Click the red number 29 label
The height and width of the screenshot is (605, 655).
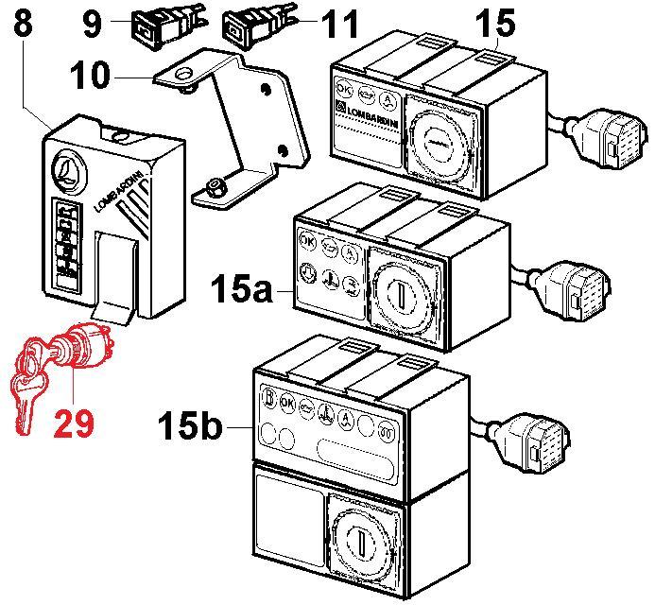pyautogui.click(x=73, y=422)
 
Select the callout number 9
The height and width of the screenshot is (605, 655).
pyautogui.click(x=92, y=23)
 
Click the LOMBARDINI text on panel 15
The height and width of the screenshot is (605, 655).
pyautogui.click(x=370, y=120)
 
